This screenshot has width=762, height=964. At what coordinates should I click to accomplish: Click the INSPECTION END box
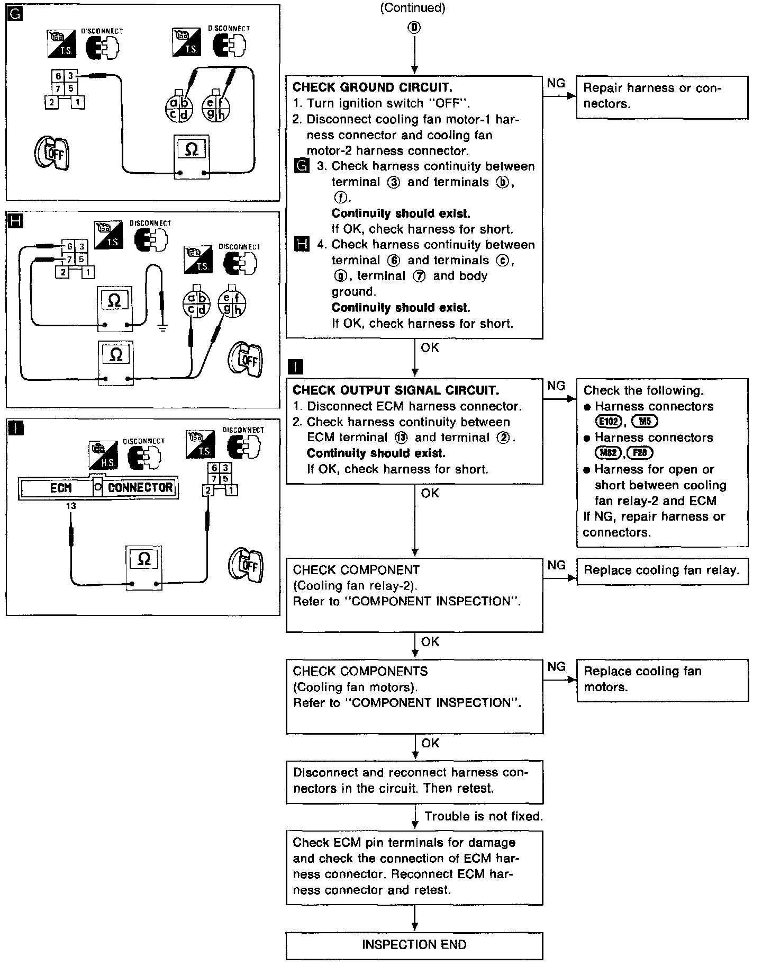(x=414, y=945)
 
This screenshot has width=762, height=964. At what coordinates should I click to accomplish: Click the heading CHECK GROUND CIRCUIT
(x=372, y=87)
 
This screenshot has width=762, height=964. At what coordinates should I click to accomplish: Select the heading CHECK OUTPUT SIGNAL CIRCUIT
(x=395, y=390)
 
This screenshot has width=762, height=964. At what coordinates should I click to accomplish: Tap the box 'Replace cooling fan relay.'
(x=663, y=571)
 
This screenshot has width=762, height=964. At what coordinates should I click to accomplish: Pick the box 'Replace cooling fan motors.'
(x=663, y=680)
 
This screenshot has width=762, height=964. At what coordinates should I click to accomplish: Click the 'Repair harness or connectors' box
(x=662, y=97)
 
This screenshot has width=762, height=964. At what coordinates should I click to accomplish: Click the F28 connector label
(x=640, y=453)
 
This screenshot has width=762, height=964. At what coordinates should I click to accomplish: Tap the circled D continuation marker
(x=414, y=28)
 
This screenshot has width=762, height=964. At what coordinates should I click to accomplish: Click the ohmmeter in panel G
(x=192, y=155)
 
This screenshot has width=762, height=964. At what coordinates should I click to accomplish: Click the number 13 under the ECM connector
(x=71, y=506)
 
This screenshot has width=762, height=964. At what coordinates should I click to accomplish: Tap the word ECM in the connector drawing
(x=60, y=488)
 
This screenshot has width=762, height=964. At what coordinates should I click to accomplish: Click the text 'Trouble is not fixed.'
(x=484, y=816)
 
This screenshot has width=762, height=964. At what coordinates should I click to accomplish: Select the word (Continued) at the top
(x=413, y=7)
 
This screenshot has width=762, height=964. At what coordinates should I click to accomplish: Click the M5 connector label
(x=645, y=422)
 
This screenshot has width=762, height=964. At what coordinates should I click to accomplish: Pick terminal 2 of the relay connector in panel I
(x=208, y=490)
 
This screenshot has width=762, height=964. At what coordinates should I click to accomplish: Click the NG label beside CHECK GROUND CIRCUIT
(x=556, y=83)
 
